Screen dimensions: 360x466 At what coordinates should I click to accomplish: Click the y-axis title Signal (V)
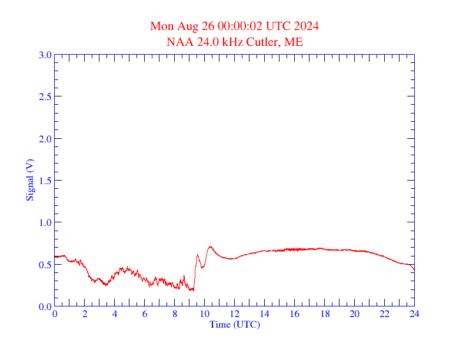pos(29,180)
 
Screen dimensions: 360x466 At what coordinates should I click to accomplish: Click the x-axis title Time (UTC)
pos(234,324)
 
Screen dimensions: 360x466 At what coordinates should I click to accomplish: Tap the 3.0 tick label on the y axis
pos(45,55)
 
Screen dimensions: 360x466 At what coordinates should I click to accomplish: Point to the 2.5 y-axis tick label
pos(45,96)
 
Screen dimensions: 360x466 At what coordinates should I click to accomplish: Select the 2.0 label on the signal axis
pos(45,139)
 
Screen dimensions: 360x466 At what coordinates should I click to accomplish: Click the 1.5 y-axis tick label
pos(45,181)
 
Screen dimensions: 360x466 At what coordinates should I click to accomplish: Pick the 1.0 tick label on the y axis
pos(45,222)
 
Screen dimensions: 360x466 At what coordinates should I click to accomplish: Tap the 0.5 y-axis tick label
pos(45,265)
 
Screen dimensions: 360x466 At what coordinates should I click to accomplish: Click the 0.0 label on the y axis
pos(45,306)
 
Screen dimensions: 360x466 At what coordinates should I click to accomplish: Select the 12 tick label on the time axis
pos(235,314)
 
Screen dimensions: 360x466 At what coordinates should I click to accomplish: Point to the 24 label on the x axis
pos(414,314)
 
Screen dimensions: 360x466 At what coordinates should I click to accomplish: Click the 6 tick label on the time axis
pos(145,314)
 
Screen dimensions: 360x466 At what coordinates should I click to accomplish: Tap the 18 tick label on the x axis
pos(324,314)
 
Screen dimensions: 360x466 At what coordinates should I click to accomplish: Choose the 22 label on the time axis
pos(384,314)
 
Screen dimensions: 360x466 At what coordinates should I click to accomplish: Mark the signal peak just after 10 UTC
pos(210,246)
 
